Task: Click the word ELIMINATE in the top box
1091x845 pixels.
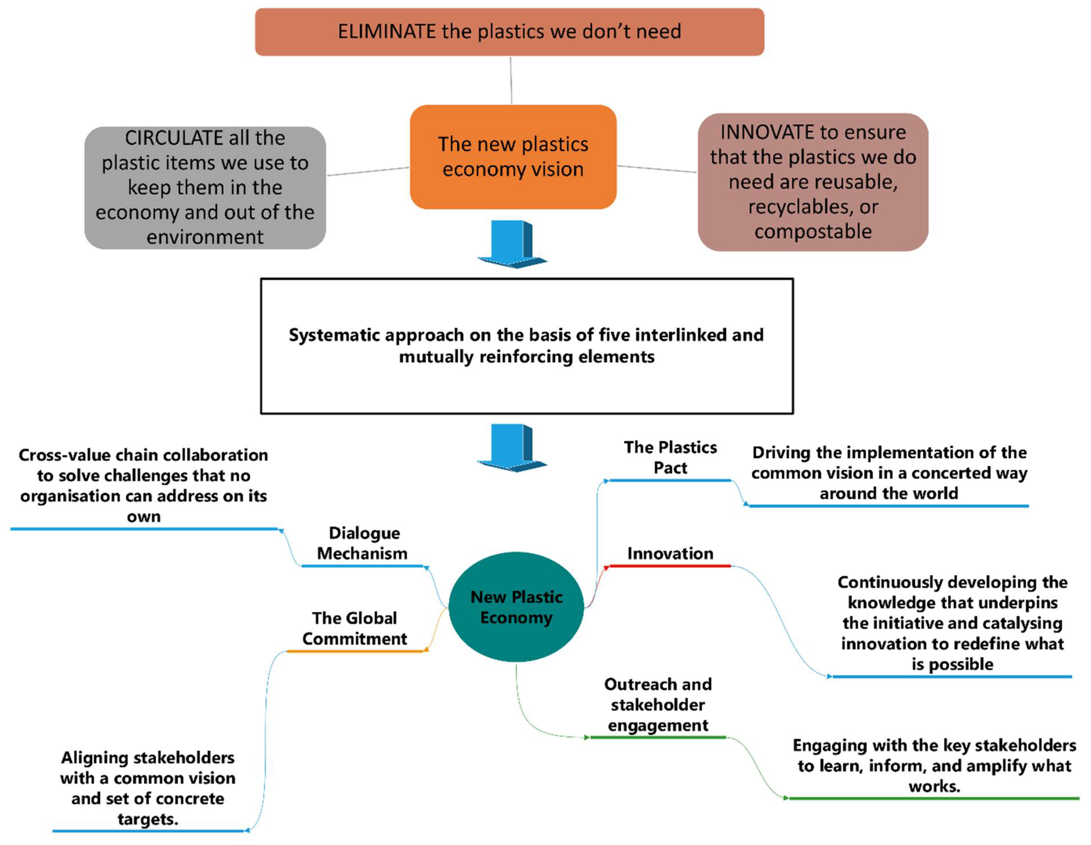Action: pyautogui.click(x=387, y=31)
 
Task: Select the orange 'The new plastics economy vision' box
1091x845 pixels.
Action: pyautogui.click(x=513, y=157)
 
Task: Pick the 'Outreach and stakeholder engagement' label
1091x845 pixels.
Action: pyautogui.click(x=658, y=705)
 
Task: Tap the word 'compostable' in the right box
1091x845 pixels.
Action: pyautogui.click(x=813, y=231)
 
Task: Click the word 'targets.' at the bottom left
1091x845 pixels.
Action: pyautogui.click(x=148, y=819)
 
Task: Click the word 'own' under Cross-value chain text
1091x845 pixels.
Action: pyautogui.click(x=144, y=517)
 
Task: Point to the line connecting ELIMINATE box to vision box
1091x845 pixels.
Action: pyautogui.click(x=511, y=80)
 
